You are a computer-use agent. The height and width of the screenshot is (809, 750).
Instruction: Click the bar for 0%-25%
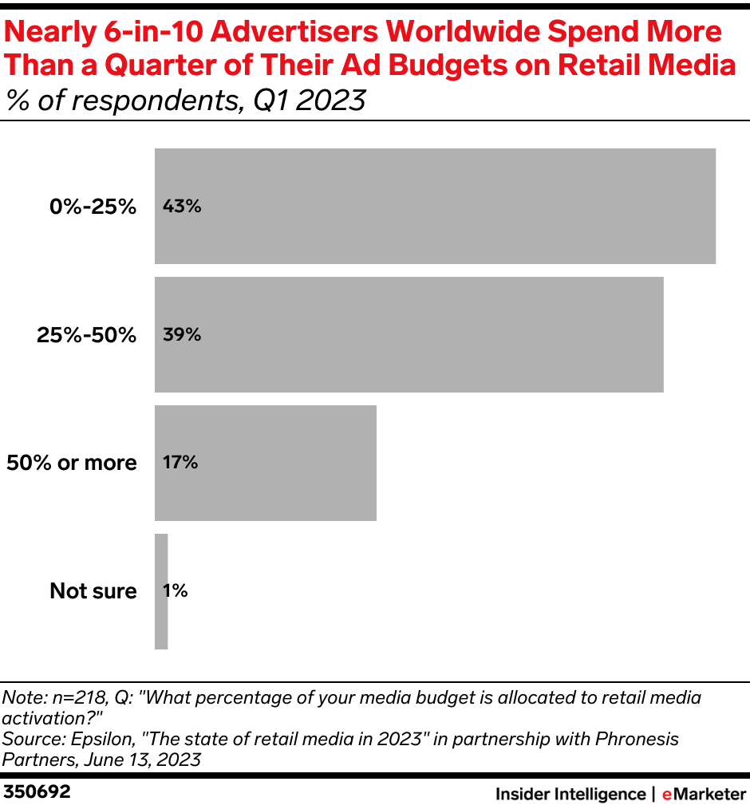click(435, 206)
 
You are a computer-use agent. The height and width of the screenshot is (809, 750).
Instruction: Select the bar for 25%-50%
click(409, 334)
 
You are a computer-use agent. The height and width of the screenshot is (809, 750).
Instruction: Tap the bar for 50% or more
click(265, 463)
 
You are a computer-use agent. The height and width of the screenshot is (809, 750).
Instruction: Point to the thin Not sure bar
click(161, 591)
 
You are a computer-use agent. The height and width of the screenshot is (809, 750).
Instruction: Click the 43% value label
click(181, 206)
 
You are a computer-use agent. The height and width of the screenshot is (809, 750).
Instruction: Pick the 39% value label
click(181, 334)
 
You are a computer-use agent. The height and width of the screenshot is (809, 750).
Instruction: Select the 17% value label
click(180, 463)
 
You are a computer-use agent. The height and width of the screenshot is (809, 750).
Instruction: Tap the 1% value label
click(175, 591)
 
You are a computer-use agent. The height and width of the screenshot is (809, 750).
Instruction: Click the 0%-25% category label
click(93, 207)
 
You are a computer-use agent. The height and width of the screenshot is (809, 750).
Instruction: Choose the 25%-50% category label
click(87, 335)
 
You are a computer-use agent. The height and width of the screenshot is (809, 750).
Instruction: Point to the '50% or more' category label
click(72, 463)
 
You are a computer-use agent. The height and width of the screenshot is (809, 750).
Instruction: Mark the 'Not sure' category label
click(93, 591)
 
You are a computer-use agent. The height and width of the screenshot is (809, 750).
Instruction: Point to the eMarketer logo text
click(703, 794)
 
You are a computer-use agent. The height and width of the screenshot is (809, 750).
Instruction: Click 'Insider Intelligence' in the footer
click(570, 794)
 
